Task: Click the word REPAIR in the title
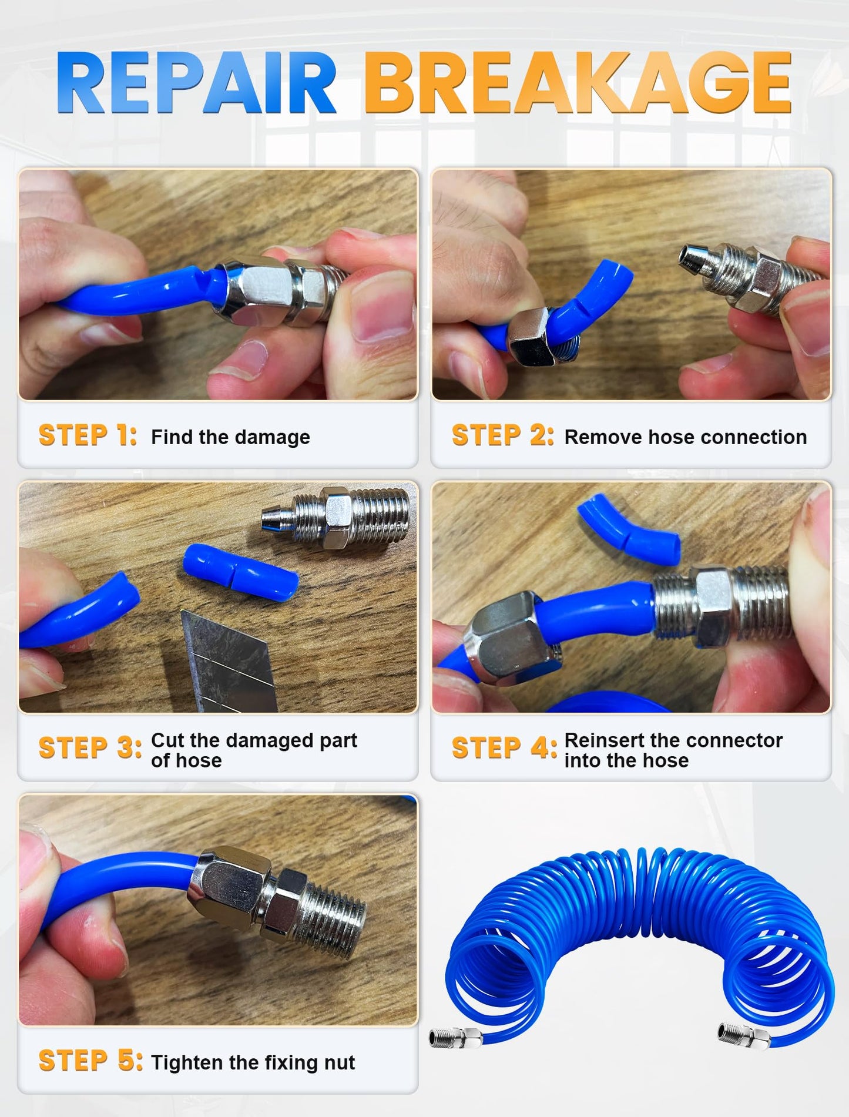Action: (196, 83)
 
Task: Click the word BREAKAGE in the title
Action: (578, 83)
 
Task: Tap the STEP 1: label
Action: (88, 436)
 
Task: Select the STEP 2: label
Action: (502, 436)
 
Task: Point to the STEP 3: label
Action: (90, 749)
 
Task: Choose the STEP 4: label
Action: (504, 749)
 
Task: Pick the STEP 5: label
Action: (90, 1061)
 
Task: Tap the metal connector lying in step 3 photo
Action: (335, 518)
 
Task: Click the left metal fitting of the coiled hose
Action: (456, 1038)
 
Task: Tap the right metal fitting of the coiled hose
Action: (744, 1036)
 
